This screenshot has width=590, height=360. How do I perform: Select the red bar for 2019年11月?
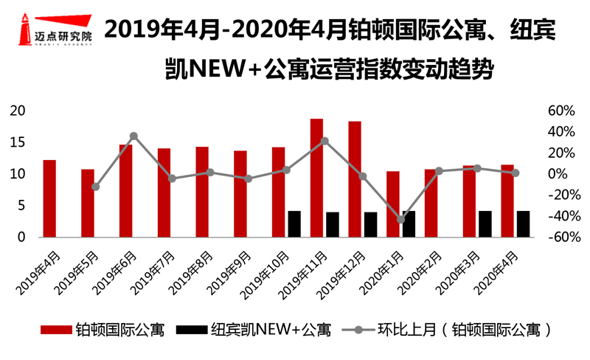[317, 178]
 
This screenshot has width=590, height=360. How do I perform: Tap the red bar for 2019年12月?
[355, 179]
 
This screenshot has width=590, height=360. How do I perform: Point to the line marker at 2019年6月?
[133, 136]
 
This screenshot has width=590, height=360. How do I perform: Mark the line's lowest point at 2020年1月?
[401, 219]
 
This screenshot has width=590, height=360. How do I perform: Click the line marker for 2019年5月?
[95, 187]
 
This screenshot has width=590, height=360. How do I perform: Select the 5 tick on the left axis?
[22, 206]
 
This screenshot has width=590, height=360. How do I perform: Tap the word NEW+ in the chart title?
[228, 72]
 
